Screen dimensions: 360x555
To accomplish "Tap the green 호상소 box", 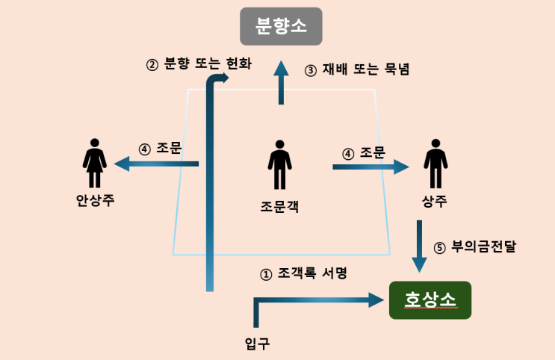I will click(430, 300).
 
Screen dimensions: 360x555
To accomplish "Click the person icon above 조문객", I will click(280, 164).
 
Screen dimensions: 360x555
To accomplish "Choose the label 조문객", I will click(280, 206).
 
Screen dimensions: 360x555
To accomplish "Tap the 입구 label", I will click(257, 344).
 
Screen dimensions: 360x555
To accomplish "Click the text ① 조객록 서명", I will click(303, 274).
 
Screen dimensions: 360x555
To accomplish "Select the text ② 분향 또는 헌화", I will click(199, 64).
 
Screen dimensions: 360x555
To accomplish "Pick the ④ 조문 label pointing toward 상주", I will click(363, 153).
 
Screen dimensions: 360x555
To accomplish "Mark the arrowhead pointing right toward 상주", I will click(402, 167).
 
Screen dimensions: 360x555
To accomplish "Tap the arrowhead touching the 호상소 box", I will click(377, 300).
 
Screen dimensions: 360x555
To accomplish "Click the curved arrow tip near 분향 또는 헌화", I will click(224, 78).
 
